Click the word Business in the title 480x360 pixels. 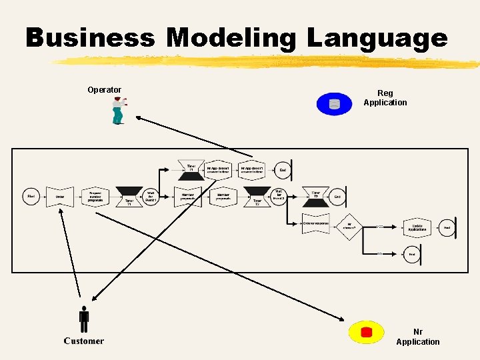click(90, 38)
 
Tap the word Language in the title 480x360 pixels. click(377, 38)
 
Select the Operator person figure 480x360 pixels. click(118, 111)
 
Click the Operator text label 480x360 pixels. click(104, 90)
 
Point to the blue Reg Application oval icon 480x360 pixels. click(334, 103)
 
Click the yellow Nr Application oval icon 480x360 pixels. click(366, 332)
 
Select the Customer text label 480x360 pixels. click(84, 341)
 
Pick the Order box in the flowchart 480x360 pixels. click(60, 197)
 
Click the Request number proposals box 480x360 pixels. click(95, 197)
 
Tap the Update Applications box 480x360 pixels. click(417, 227)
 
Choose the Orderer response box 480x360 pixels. click(315, 223)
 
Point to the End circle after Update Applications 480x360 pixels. click(448, 227)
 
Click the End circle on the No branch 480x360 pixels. click(412, 254)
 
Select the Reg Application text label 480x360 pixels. click(385, 98)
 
